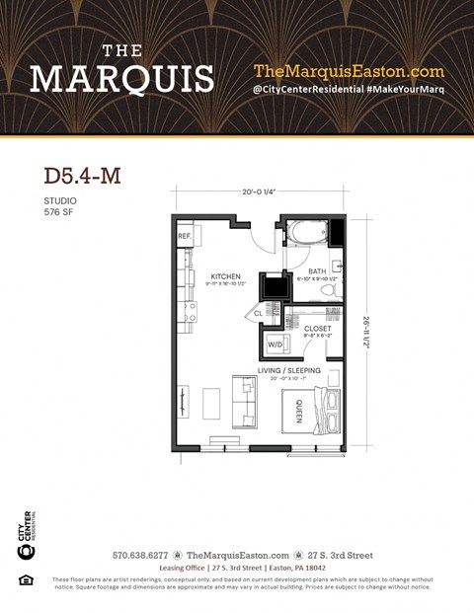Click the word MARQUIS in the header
121,78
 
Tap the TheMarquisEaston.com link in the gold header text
349,71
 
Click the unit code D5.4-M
83,177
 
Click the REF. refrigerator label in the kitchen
185,237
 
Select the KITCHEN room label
226,277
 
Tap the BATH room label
316,270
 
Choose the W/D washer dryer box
275,345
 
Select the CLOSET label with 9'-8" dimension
317,329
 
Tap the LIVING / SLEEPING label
289,370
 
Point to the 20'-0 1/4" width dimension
260,193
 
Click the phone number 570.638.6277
141,556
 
